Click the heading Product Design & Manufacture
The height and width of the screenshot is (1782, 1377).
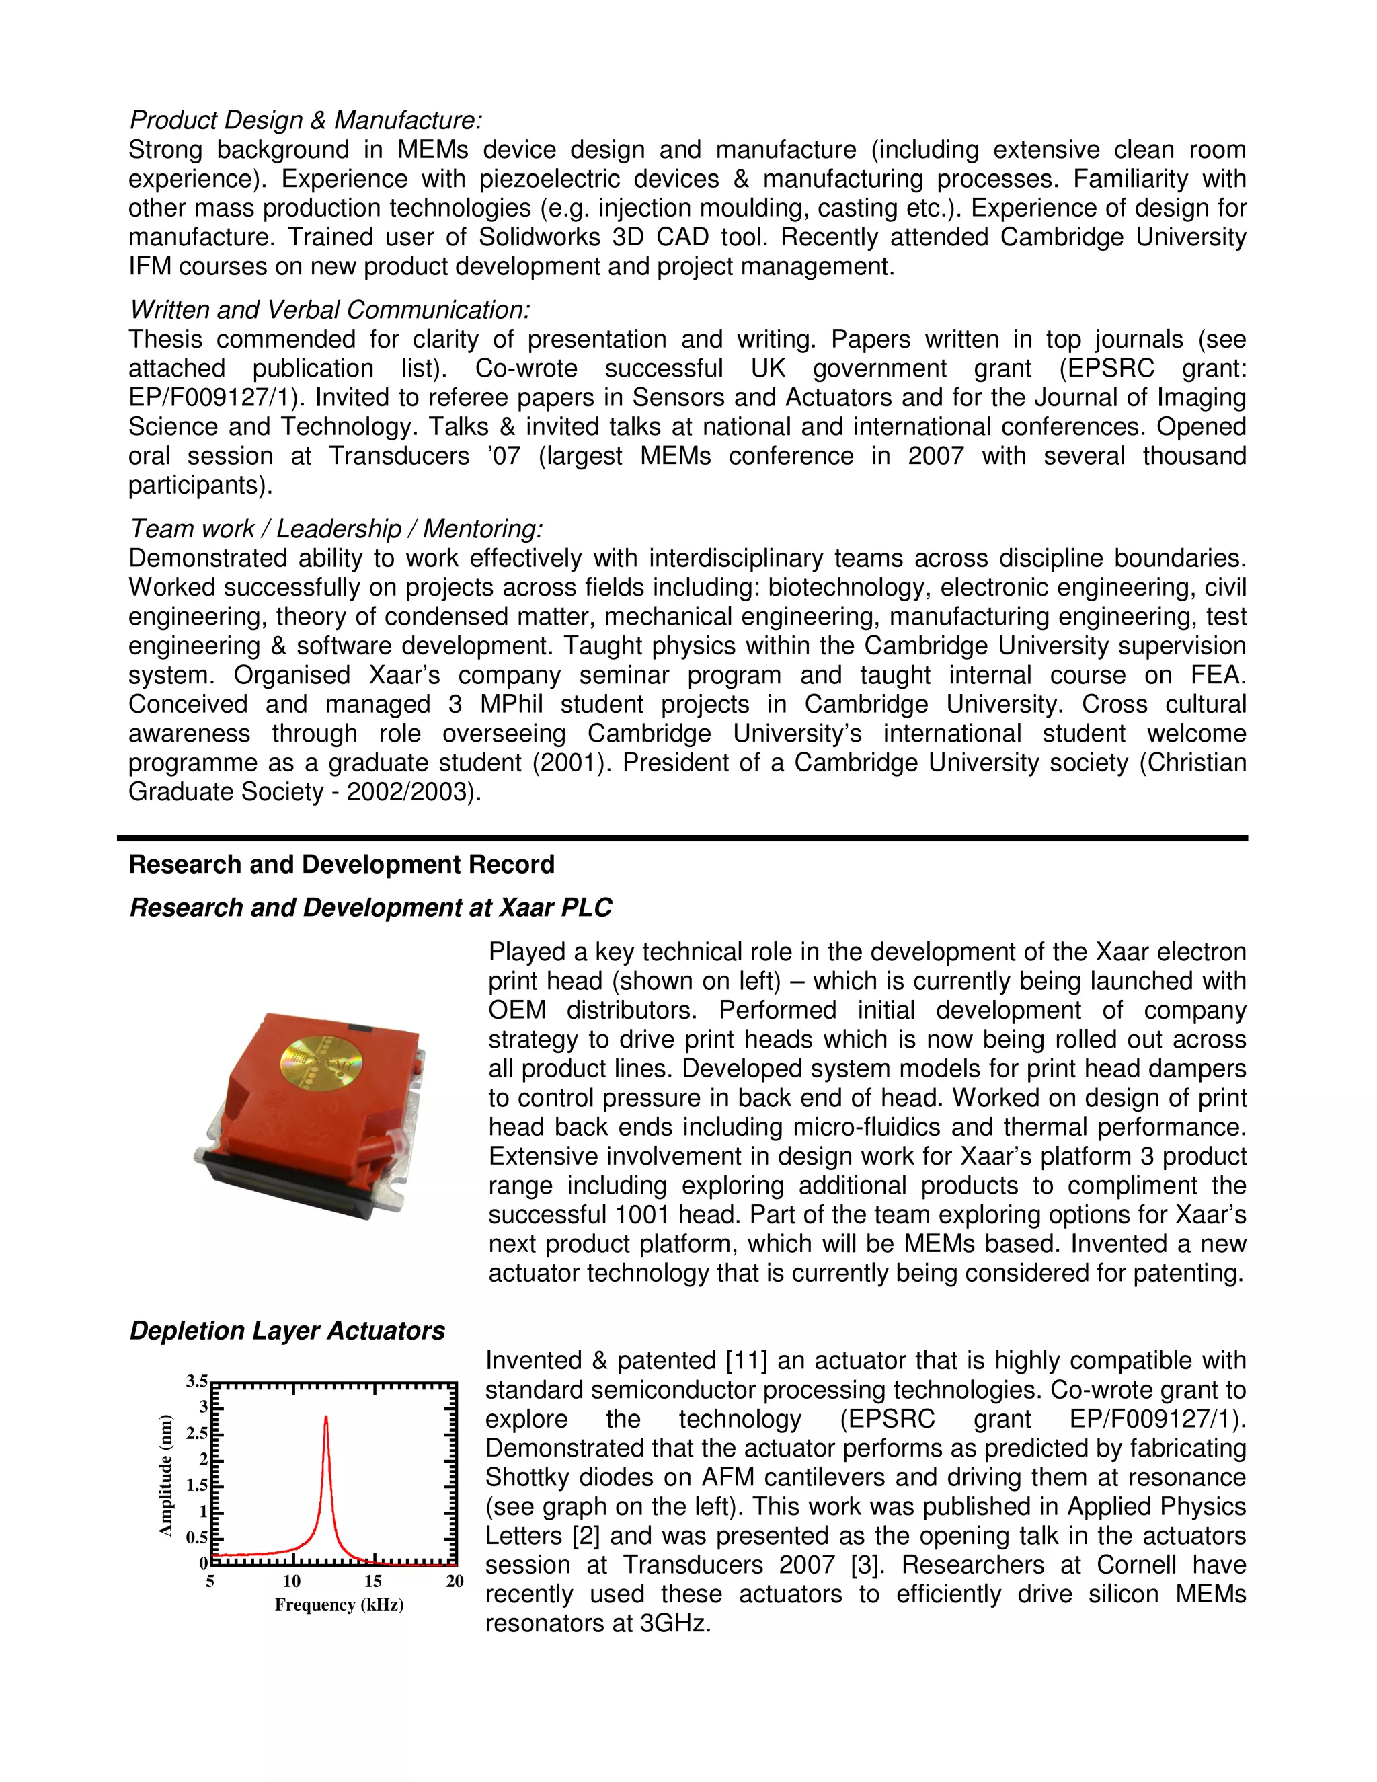(306, 121)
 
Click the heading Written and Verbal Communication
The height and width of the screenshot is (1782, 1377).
(329, 310)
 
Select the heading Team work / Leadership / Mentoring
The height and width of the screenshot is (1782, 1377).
(336, 529)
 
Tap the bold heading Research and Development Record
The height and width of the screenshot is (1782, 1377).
(341, 865)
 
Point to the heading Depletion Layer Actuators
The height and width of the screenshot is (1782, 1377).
(287, 1331)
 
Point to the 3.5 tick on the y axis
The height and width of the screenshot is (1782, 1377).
(196, 1381)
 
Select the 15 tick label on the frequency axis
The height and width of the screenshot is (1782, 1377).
(372, 1582)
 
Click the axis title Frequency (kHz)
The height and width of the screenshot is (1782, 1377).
(339, 1605)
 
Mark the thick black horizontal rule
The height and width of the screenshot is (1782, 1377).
(682, 838)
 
